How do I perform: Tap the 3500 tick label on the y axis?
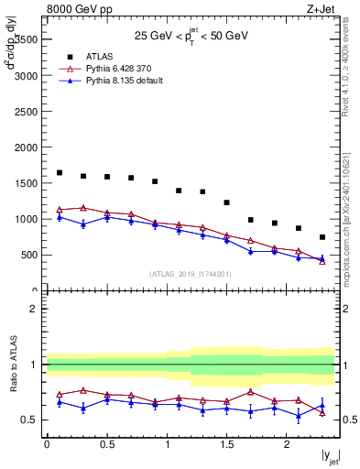coord(25,39)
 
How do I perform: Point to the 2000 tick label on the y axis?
coord(25,147)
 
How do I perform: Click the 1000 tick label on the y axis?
coord(25,220)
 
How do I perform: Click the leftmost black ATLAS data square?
coord(60,172)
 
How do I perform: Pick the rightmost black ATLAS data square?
coord(322,237)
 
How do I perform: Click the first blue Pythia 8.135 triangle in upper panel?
coord(60,217)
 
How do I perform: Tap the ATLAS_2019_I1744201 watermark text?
coord(191,273)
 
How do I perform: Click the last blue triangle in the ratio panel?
coord(322,406)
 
